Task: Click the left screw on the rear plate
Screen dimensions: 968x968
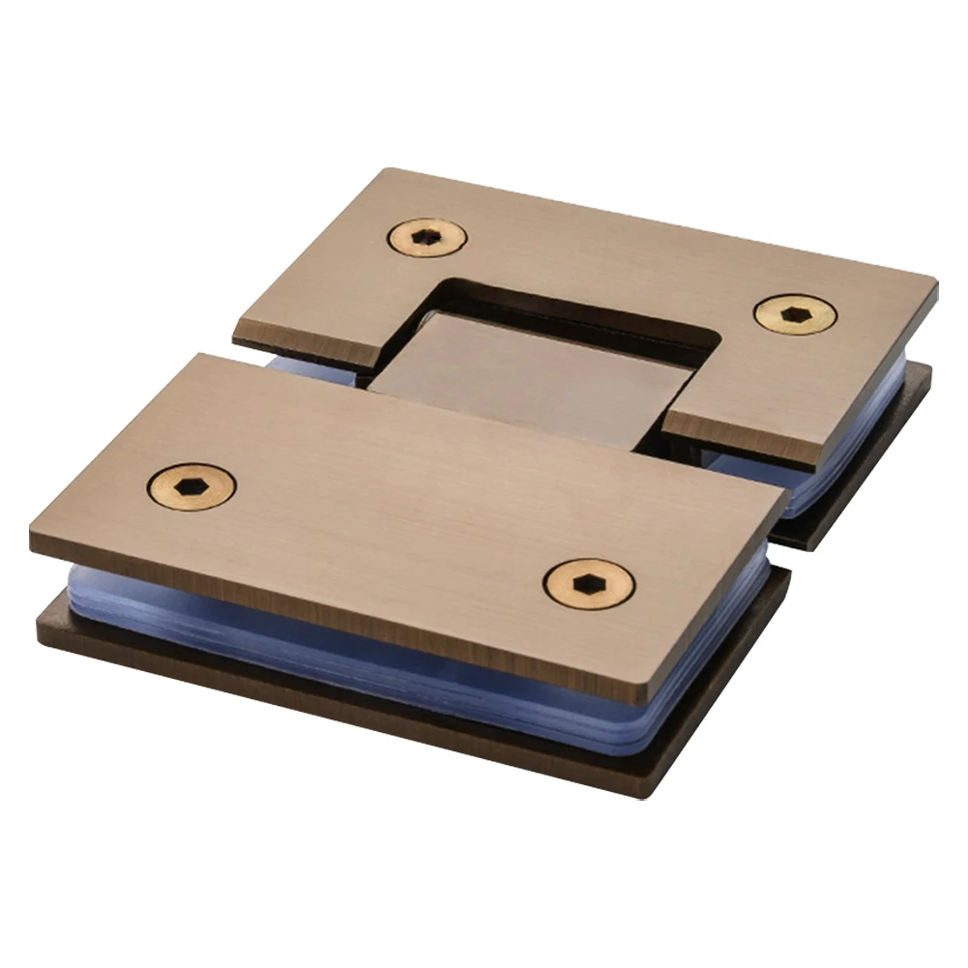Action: coord(427,236)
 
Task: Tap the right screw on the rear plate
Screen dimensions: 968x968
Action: coord(795,314)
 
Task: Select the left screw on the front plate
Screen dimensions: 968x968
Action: coord(191,485)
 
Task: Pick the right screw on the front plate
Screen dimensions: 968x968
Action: coord(589,583)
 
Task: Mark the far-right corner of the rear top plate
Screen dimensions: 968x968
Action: coord(934,282)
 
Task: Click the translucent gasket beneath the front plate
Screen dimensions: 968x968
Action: coord(387,658)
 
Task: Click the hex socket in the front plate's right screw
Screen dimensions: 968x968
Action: coord(589,583)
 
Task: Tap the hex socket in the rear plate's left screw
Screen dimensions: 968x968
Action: coord(427,236)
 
